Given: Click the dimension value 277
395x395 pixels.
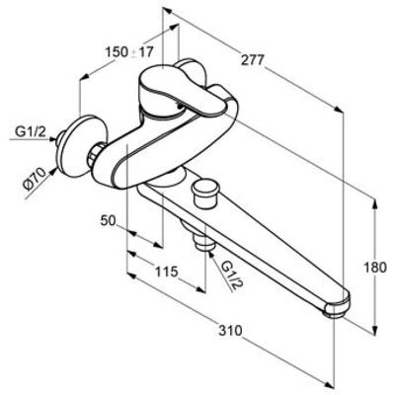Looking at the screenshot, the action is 253,60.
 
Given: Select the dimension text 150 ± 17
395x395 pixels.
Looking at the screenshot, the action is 129,51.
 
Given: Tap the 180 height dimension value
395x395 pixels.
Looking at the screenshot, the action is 375,268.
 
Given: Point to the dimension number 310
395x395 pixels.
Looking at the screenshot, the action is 230,330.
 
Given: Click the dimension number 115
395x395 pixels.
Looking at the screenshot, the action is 167,272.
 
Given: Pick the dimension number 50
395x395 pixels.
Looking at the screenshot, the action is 109,220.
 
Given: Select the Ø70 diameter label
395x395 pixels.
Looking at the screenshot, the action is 35,178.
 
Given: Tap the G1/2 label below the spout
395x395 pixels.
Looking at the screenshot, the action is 231,275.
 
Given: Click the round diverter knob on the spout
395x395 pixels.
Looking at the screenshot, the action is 203,195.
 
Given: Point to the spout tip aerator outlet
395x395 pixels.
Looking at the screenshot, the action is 335,311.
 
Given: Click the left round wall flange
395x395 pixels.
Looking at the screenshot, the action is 83,142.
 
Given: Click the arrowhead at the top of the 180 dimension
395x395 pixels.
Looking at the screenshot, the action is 374,204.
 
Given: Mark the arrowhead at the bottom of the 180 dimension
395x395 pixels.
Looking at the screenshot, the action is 374,330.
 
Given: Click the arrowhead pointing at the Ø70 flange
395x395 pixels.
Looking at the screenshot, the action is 52,172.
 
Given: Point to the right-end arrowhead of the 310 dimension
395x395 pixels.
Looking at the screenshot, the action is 327,383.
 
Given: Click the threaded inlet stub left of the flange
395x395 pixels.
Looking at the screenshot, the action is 60,138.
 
